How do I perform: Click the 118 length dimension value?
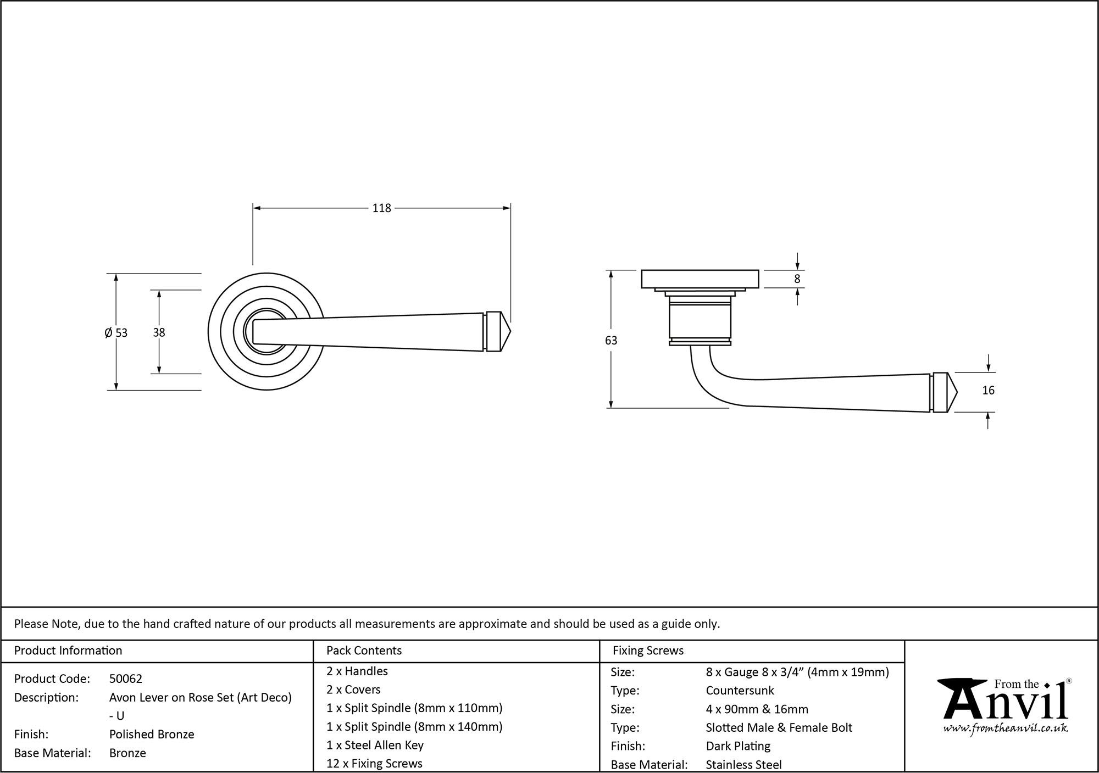coord(381,208)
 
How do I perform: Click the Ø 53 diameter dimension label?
coord(116,332)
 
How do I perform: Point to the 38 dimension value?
coord(159,332)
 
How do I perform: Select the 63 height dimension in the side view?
coord(610,341)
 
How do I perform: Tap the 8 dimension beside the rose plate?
coord(797,279)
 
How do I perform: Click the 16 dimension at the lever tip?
coord(987,391)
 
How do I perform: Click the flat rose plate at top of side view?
coord(700,279)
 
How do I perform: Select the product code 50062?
coord(126,679)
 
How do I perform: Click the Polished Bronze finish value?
coord(152,735)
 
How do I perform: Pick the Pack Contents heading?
coord(364,650)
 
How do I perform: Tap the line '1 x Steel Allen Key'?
coord(375,745)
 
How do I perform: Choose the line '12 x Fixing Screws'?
coord(374,764)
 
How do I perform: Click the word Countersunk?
coord(740,691)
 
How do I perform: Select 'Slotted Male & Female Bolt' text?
coord(779,728)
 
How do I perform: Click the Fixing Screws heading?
coord(648,650)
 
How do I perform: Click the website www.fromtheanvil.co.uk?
coord(1005,728)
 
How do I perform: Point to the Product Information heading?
coord(68,650)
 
